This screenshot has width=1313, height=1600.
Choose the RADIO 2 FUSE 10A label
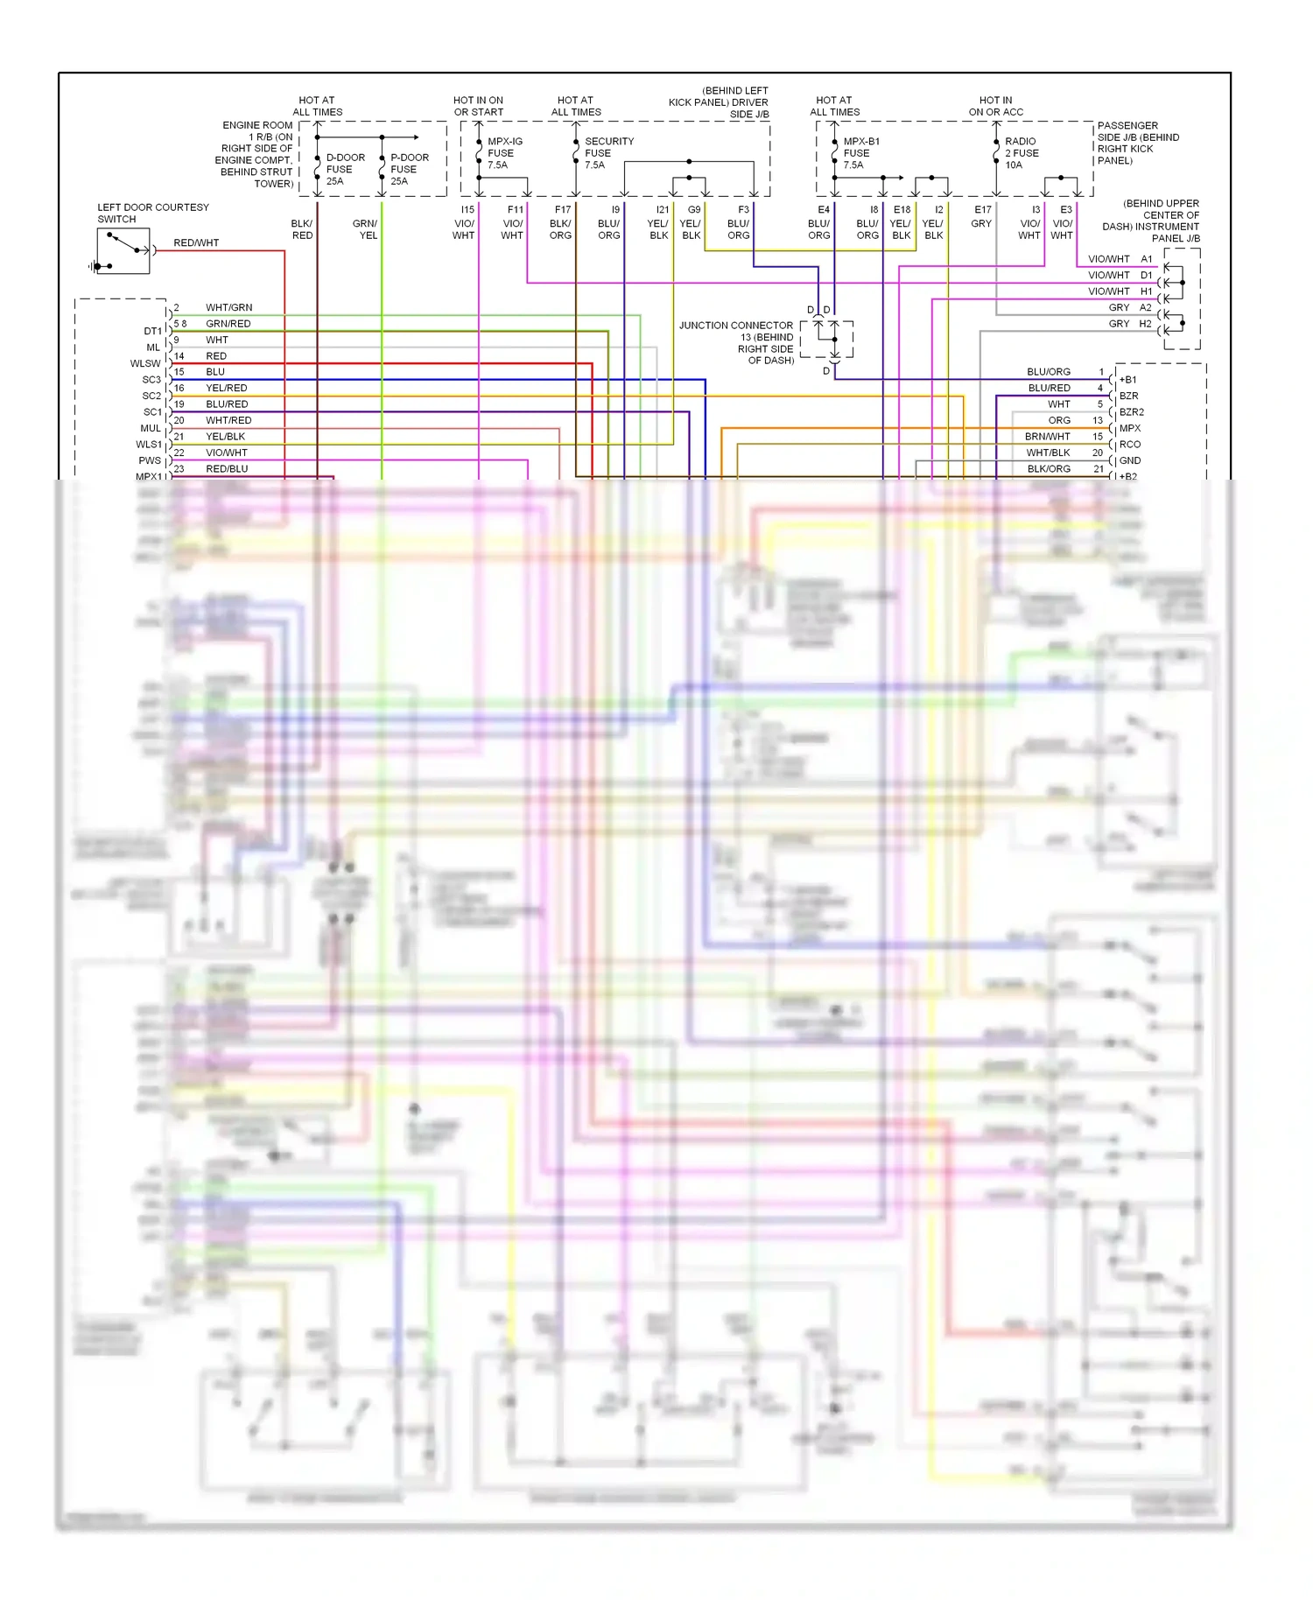pyautogui.click(x=1021, y=153)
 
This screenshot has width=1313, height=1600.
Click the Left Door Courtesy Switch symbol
pyautogui.click(x=123, y=251)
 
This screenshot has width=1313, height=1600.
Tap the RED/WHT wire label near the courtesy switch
pyautogui.click(x=196, y=243)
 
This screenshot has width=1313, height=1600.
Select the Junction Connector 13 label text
pyautogui.click(x=737, y=342)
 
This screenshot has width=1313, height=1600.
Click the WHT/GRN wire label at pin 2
pyautogui.click(x=228, y=308)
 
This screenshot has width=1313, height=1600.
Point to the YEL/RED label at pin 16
pyautogui.click(x=226, y=389)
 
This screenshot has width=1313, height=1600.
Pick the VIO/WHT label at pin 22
pyautogui.click(x=226, y=453)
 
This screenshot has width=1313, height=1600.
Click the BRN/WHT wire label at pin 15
pyautogui.click(x=1047, y=437)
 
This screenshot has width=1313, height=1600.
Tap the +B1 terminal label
pyautogui.click(x=1127, y=380)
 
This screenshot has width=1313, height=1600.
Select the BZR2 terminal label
pyautogui.click(x=1131, y=412)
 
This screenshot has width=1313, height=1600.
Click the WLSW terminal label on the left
pyautogui.click(x=145, y=364)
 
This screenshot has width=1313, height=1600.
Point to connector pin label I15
pyautogui.click(x=467, y=210)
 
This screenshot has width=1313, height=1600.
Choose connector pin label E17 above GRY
pyautogui.click(x=983, y=210)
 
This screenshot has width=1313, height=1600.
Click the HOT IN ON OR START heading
pyautogui.click(x=478, y=106)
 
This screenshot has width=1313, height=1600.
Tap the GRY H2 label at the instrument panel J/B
pyautogui.click(x=1129, y=324)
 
